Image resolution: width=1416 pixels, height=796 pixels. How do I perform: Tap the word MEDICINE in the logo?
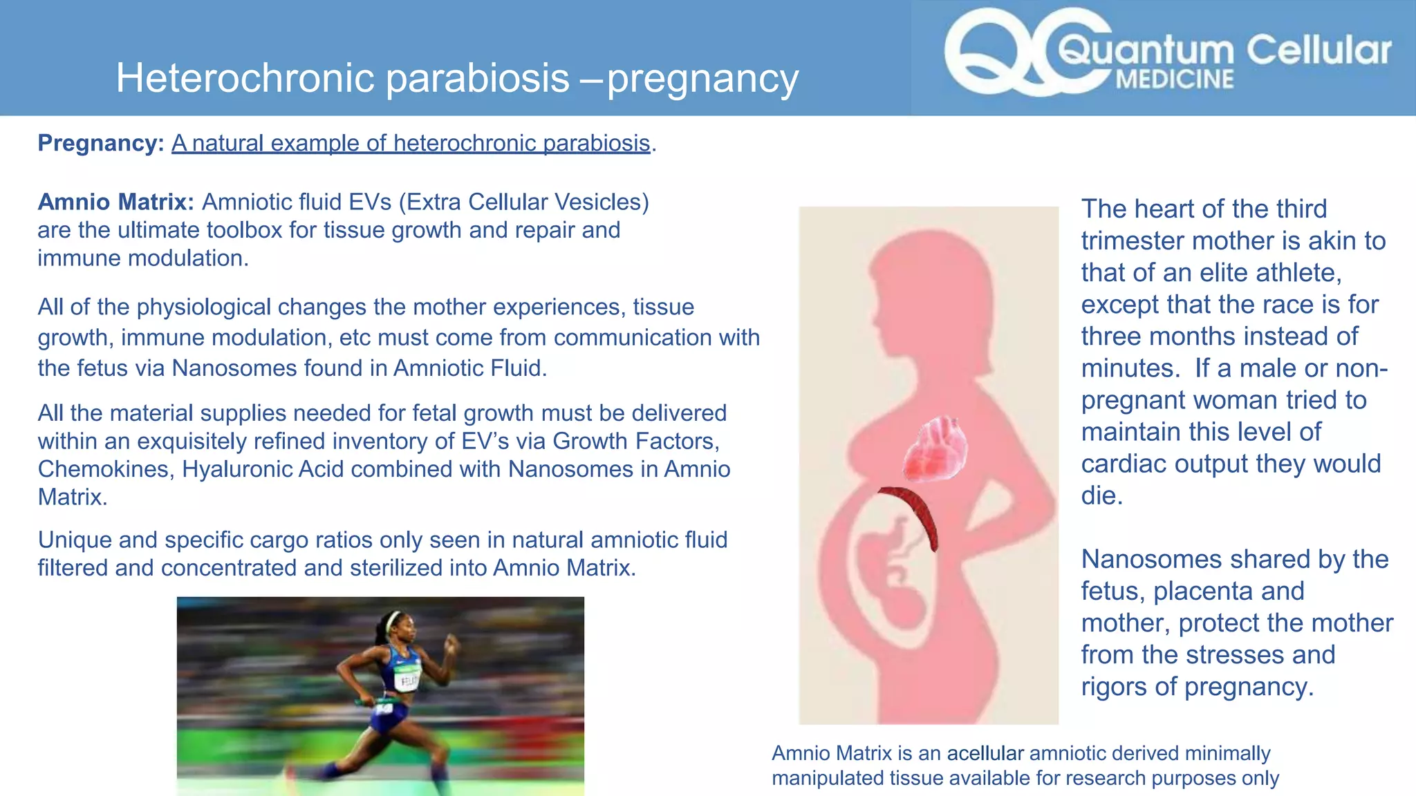[x=1175, y=79]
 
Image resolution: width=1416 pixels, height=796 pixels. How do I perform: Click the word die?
[x=1101, y=495]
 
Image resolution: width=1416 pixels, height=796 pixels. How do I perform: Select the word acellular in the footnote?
[x=985, y=753]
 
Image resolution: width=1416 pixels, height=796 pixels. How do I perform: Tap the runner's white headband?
[x=395, y=618]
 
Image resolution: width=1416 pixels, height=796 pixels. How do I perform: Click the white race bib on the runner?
[x=407, y=681]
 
